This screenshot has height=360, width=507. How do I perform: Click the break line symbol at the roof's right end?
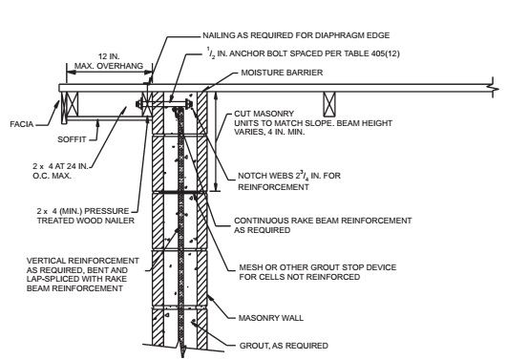click(491, 88)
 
